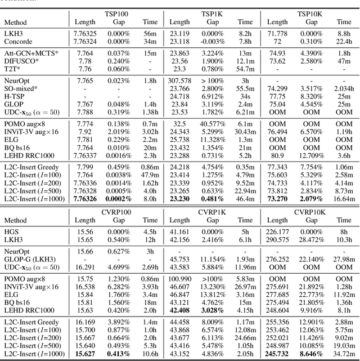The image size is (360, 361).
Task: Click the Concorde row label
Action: coord(18,42)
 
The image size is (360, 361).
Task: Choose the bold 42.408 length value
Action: coord(179,310)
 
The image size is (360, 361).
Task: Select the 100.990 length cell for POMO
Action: coord(179,278)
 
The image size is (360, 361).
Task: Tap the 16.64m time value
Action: coord(344,199)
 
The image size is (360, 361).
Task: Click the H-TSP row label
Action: coord(15,97)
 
